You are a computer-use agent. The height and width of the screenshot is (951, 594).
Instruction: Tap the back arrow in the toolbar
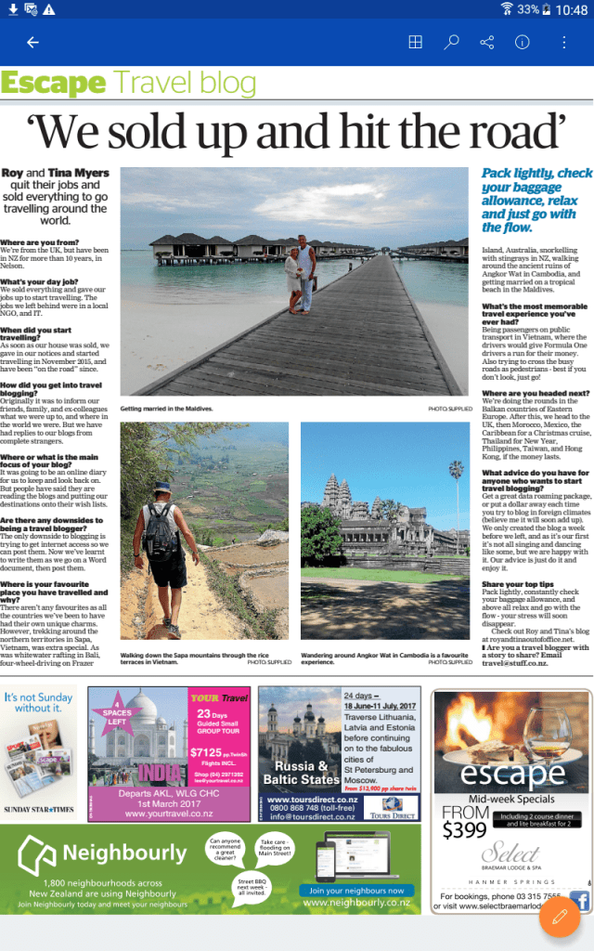click(33, 43)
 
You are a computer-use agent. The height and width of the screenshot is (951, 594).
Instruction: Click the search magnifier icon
click(451, 43)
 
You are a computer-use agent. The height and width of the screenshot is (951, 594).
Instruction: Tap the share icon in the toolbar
click(487, 43)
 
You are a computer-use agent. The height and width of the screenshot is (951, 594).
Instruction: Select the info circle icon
click(523, 43)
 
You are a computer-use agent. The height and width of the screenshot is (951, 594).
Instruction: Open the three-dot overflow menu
click(563, 43)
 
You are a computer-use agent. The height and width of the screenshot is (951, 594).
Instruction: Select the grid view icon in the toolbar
click(415, 43)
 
